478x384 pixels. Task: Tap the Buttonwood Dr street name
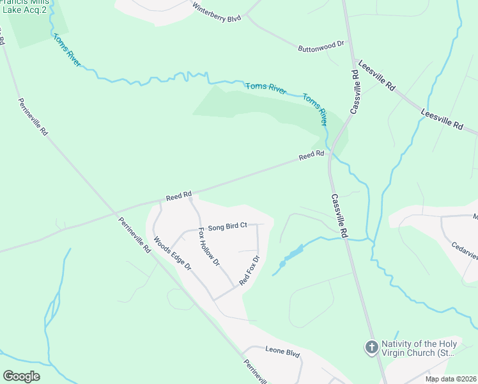click(x=321, y=47)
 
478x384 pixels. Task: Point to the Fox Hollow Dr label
click(x=209, y=246)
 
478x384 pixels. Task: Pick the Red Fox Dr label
click(x=249, y=271)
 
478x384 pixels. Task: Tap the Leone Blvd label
click(x=282, y=353)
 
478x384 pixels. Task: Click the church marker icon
click(x=371, y=348)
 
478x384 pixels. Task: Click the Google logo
click(x=22, y=376)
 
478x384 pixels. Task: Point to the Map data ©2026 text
click(x=451, y=379)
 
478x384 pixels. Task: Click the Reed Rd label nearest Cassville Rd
click(x=312, y=155)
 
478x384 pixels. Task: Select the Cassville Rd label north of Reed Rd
click(x=355, y=92)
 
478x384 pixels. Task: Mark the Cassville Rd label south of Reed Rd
click(x=339, y=216)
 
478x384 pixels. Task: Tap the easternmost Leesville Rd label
click(x=442, y=120)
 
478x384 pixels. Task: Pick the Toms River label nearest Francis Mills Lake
click(x=67, y=50)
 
